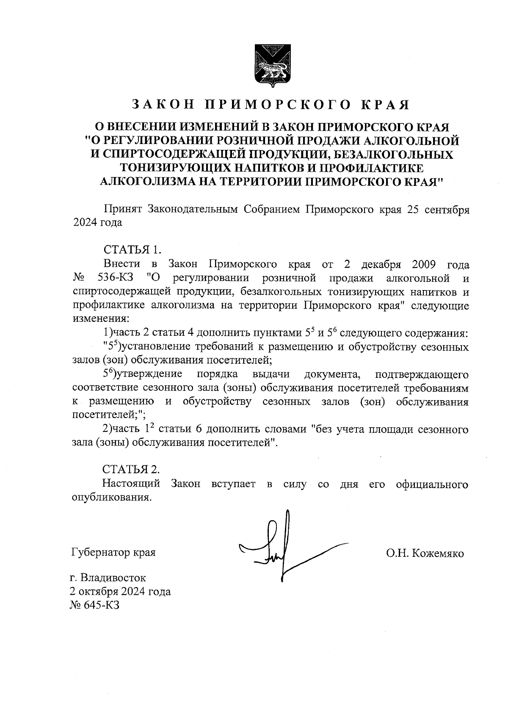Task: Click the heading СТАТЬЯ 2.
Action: [x=132, y=469]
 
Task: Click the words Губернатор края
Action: [x=113, y=553]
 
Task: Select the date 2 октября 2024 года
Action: [x=121, y=591]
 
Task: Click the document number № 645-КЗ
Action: [x=95, y=605]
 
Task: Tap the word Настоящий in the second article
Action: [x=132, y=483]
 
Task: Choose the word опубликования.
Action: [x=112, y=497]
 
